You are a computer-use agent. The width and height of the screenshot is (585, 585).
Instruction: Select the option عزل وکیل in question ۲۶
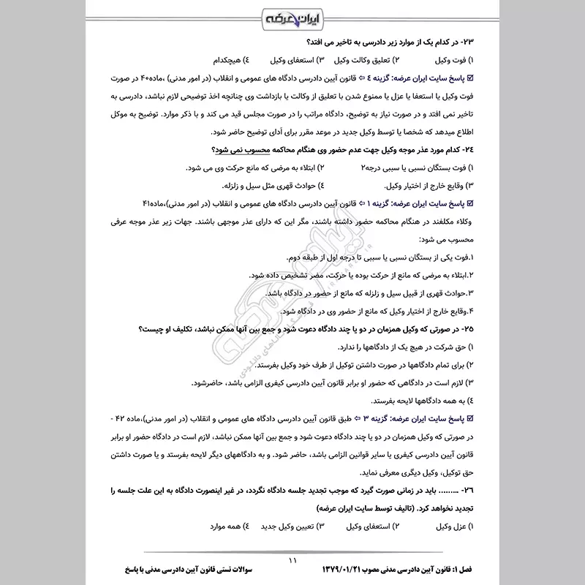click(449, 526)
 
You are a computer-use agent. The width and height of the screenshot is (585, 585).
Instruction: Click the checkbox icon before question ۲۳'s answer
click(471, 78)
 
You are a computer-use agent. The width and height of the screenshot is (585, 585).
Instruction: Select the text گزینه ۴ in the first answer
click(376, 78)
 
